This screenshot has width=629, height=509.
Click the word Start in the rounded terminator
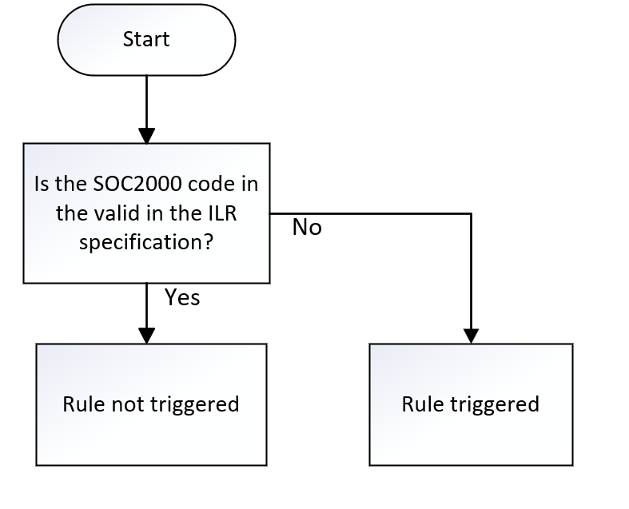click(x=146, y=39)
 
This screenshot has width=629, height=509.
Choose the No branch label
click(x=306, y=228)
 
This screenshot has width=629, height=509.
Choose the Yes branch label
click(x=182, y=297)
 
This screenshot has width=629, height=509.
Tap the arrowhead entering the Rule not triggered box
click(x=146, y=335)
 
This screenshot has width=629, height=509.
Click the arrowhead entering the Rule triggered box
click(x=471, y=335)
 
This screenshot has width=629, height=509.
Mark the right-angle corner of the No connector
click(x=471, y=213)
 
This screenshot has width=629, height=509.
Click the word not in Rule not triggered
click(x=128, y=404)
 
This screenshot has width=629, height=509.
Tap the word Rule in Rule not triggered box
click(x=83, y=404)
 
